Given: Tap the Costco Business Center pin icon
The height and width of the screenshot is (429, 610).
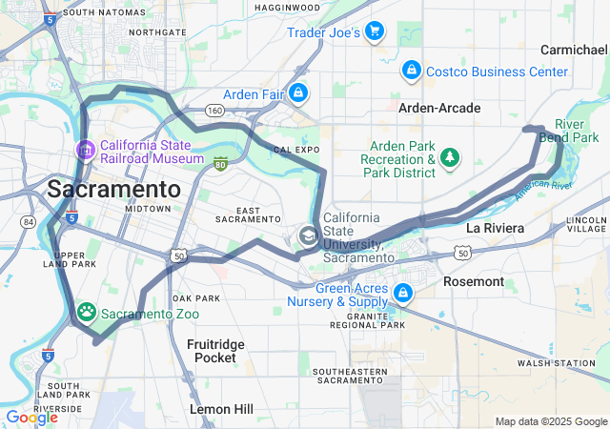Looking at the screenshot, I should coord(410,71).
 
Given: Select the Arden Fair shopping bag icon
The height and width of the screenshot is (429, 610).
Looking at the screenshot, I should coord(298,92).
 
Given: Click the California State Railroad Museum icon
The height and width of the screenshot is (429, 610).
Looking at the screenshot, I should coord(84,150).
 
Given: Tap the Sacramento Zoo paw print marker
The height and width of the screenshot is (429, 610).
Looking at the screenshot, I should coord(87,312).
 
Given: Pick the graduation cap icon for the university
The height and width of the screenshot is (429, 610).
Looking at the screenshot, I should coord(308,235).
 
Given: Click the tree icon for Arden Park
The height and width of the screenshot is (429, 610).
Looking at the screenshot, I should coord(450,158).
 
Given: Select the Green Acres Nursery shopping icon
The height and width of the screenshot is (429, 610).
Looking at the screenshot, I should coord(403,293).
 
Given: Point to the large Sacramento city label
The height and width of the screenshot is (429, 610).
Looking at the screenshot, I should coord(113,187).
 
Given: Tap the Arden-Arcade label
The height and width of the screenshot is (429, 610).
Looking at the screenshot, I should coord(439,108).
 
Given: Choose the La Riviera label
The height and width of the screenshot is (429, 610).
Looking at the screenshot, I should coord(495,228).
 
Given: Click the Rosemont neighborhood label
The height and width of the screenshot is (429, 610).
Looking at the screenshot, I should coord(474,281).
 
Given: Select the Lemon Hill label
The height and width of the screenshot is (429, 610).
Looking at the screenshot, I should coord(222,408).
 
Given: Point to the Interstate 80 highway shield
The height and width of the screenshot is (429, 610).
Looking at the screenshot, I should coord(221,164).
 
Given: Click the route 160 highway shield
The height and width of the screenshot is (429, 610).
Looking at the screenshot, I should coord(215,111).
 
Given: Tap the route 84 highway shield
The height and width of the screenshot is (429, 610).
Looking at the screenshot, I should coord(28,222).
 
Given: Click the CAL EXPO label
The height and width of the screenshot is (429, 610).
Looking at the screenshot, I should coord(295,151).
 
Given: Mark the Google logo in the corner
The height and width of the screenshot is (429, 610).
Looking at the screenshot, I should coord(31,417).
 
